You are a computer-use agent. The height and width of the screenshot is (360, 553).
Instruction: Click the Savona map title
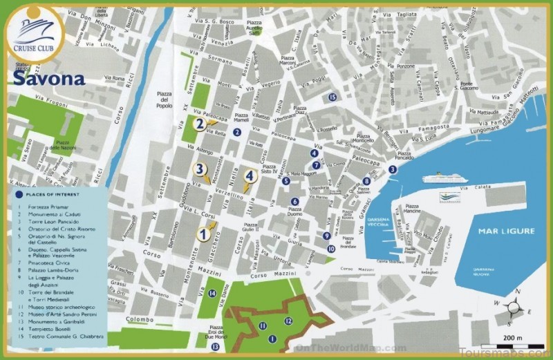48,78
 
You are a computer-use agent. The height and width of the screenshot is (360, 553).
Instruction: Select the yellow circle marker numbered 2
199,124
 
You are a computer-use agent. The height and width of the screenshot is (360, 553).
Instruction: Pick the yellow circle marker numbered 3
199,169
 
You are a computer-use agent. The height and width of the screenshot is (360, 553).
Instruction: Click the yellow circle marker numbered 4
250,176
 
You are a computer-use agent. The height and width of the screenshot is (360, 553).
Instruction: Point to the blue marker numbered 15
332,97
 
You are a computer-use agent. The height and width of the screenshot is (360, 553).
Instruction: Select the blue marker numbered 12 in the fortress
288,321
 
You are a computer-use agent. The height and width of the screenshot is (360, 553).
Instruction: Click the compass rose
516,308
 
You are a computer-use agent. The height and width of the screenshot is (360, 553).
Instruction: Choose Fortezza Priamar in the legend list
52,206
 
